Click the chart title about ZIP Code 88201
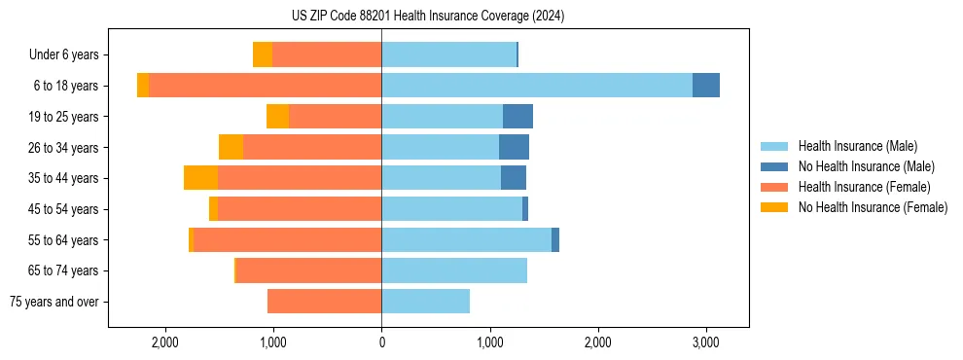coord(429,16)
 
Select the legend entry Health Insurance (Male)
coord(857,146)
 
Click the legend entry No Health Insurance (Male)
coord(866,166)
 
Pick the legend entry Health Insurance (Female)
coord(865,187)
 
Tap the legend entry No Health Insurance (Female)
coord(873,207)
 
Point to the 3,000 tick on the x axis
coord(706,342)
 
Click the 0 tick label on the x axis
coord(381,342)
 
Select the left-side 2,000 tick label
coord(165,342)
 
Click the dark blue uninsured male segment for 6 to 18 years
coord(706,86)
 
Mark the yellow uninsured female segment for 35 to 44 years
coord(200,178)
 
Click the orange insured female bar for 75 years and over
coord(324,302)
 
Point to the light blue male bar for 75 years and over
coord(425,302)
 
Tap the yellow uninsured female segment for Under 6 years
coord(262,55)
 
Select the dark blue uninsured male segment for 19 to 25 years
coord(517,117)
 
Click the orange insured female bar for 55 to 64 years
coord(287,240)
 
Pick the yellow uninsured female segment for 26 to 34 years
coord(231,147)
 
